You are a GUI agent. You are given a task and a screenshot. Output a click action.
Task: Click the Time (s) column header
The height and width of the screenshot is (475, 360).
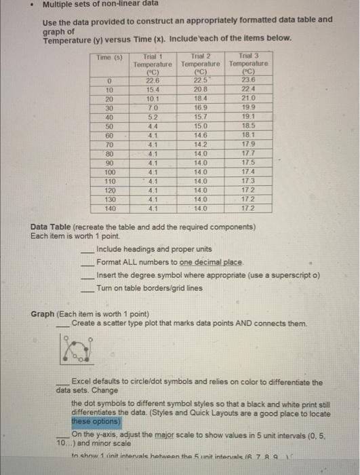tap(108, 59)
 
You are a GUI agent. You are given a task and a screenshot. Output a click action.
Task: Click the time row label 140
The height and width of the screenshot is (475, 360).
tap(108, 209)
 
